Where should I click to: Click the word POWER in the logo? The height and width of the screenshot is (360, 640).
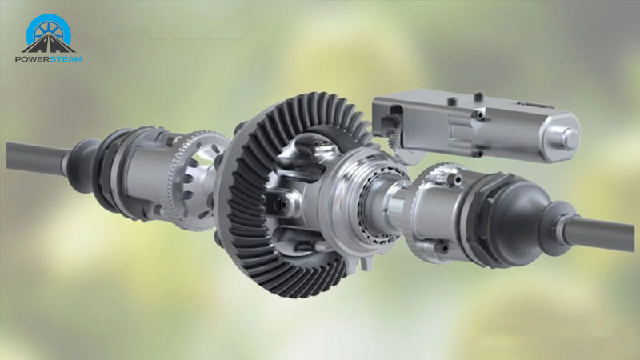tap(32, 59)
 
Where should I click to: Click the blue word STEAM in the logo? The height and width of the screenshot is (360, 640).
tap(66, 59)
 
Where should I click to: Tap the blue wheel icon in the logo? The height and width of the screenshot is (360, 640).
tap(49, 30)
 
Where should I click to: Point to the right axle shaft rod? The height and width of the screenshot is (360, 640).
tap(599, 231)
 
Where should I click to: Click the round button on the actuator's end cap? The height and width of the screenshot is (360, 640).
tap(570, 138)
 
